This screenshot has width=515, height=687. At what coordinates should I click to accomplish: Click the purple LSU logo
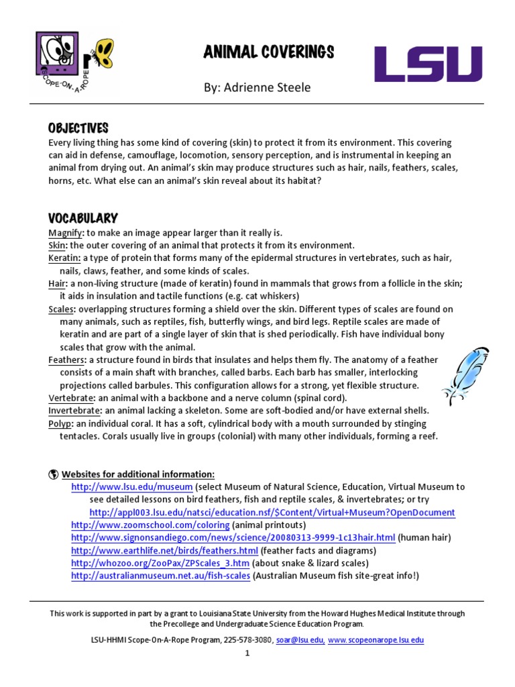pyautogui.click(x=427, y=64)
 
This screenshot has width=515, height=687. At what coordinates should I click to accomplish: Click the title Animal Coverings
pyautogui.click(x=259, y=52)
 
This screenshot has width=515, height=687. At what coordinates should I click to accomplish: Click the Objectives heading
pyautogui.click(x=78, y=128)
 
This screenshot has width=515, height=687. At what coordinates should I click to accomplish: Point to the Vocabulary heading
pyautogui.click(x=82, y=218)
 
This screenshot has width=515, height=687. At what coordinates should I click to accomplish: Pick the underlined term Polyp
pyautogui.click(x=60, y=423)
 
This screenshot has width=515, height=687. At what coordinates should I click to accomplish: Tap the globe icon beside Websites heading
pyautogui.click(x=53, y=474)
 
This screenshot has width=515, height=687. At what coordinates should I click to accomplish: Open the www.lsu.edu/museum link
pyautogui.click(x=132, y=487)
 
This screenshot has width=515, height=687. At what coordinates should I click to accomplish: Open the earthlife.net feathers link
pyautogui.click(x=164, y=551)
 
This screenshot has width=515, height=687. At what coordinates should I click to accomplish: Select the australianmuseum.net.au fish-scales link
pyautogui.click(x=161, y=576)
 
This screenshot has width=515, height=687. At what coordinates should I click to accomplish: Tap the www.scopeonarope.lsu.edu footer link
pyautogui.click(x=376, y=641)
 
